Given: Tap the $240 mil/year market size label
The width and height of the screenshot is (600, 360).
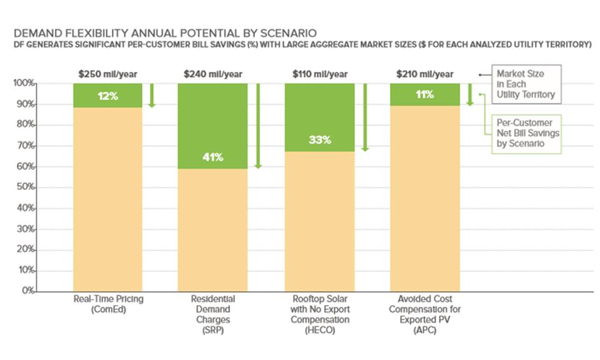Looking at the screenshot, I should click(x=212, y=74).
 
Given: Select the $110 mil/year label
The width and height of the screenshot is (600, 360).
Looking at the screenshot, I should click(x=320, y=74).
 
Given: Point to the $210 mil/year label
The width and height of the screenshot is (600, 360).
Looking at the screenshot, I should click(x=425, y=74).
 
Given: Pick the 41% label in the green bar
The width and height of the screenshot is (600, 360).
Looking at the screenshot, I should click(x=213, y=157).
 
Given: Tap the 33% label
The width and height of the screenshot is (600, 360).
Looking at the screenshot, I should click(x=319, y=141).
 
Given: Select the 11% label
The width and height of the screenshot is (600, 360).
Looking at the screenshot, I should click(x=424, y=95).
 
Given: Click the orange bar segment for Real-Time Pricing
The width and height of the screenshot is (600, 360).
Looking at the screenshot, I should click(x=107, y=200).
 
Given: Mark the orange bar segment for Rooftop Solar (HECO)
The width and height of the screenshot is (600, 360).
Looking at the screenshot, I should click(x=319, y=222).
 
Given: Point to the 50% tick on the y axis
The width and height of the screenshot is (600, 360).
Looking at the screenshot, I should click(x=25, y=187).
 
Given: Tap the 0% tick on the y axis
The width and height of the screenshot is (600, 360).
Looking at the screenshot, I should click(x=27, y=291).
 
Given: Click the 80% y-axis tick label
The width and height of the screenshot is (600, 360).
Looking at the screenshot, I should click(x=25, y=125).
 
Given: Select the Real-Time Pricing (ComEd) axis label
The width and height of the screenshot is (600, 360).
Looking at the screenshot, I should click(x=107, y=304).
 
